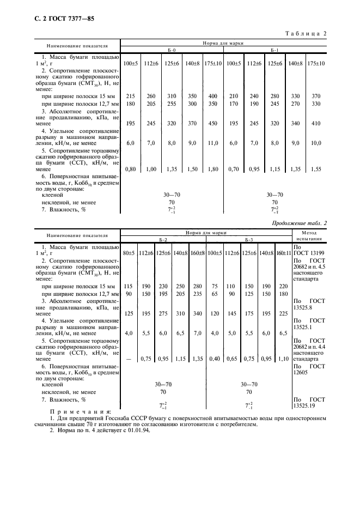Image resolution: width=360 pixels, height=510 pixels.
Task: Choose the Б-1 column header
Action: (x=274, y=56)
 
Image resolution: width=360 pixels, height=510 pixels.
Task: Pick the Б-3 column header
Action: (x=249, y=239)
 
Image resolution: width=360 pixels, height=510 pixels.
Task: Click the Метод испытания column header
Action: (x=308, y=235)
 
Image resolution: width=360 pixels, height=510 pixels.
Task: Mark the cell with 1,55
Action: (x=315, y=169)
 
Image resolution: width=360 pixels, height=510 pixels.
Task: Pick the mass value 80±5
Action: (x=128, y=253)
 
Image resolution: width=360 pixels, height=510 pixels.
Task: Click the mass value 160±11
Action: (x=282, y=253)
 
